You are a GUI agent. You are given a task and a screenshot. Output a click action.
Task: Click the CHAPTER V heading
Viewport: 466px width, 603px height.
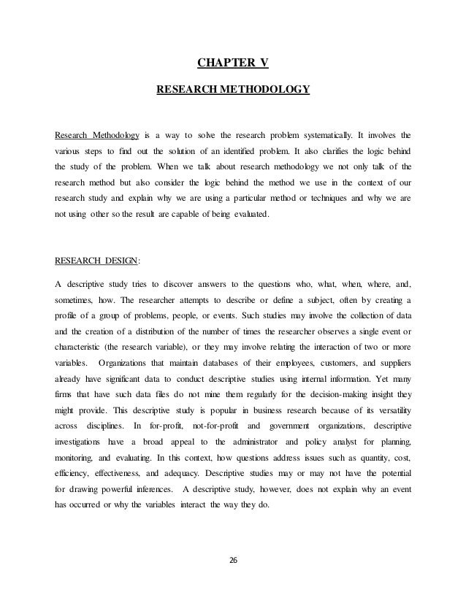click(x=233, y=64)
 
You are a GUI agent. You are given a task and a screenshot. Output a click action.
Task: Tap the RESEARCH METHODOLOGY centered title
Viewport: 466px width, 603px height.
click(x=233, y=91)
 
